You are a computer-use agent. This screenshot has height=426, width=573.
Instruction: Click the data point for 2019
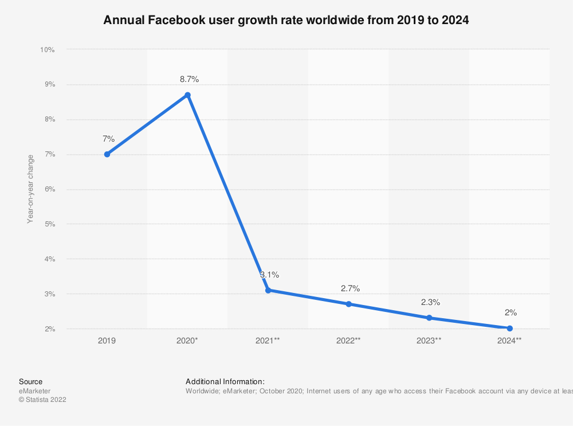click(x=107, y=154)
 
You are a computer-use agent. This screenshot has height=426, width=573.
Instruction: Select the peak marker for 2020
click(x=187, y=95)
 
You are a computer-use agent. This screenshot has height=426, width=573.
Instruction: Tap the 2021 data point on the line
click(x=268, y=291)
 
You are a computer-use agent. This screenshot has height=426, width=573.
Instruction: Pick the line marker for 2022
click(x=348, y=304)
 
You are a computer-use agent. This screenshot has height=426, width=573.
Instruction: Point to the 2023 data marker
click(x=429, y=318)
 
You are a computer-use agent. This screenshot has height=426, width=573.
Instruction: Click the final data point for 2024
click(x=510, y=329)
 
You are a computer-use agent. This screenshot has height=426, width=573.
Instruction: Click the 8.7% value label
click(x=189, y=79)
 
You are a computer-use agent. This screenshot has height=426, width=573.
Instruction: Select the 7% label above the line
click(x=108, y=139)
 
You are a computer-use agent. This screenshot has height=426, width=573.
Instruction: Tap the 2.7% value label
click(x=350, y=288)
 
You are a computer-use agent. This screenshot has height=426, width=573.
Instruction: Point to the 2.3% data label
click(x=430, y=302)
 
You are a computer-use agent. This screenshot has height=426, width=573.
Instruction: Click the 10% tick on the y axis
click(x=47, y=50)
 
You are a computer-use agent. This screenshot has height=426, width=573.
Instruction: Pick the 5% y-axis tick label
click(x=49, y=224)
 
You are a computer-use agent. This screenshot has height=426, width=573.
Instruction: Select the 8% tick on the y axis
click(x=49, y=120)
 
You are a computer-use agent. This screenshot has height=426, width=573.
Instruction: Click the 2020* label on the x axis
click(x=188, y=341)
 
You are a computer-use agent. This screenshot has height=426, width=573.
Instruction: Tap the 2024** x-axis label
click(x=510, y=341)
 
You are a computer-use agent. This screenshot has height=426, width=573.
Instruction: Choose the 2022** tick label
click(x=348, y=341)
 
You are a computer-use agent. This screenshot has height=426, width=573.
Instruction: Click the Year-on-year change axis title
click(x=30, y=189)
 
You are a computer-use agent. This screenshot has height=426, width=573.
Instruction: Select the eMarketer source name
click(x=35, y=391)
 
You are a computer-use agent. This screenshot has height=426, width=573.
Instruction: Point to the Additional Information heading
click(x=225, y=381)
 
